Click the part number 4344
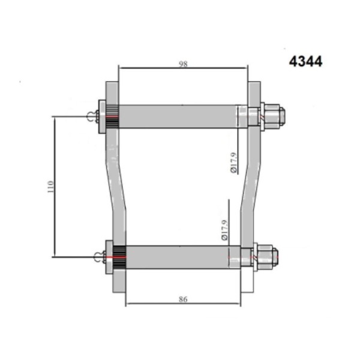[x=305, y=62]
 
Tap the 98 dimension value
[x=183, y=64]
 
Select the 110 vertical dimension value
[x=50, y=187]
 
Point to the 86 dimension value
[x=183, y=299]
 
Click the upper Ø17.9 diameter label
[x=233, y=163]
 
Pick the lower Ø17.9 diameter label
[x=224, y=230]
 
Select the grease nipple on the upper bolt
[x=93, y=116]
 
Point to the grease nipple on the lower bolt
[x=100, y=257]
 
